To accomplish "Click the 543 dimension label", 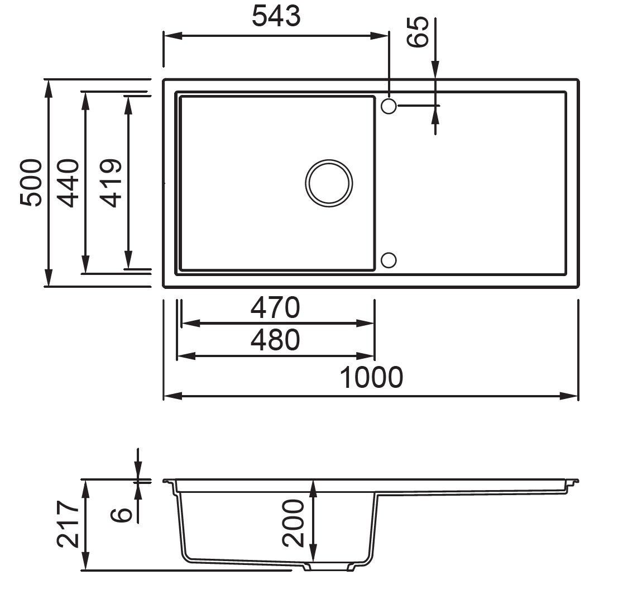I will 276,17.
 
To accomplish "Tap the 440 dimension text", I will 69,183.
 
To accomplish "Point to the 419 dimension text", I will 109,183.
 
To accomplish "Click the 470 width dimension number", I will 275,307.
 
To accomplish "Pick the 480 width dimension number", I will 275,340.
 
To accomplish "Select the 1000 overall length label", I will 371,378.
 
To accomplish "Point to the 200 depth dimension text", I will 293,523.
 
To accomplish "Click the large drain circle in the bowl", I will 329,183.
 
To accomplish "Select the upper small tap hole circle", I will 389,105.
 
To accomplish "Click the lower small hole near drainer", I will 389,260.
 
